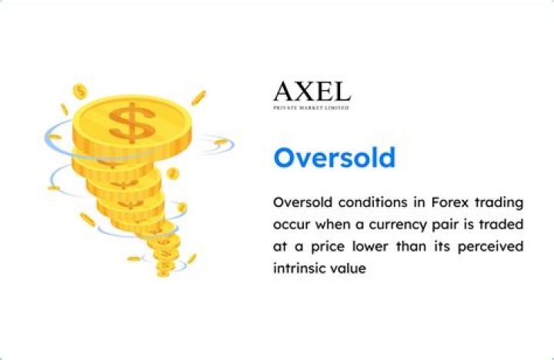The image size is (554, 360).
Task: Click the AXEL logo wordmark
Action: (312, 92)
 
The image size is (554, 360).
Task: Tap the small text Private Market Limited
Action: (312, 108)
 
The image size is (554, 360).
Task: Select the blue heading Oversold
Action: (335, 158)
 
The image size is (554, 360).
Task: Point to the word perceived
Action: (486, 248)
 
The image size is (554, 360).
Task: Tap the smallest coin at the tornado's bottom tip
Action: (164, 270)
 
